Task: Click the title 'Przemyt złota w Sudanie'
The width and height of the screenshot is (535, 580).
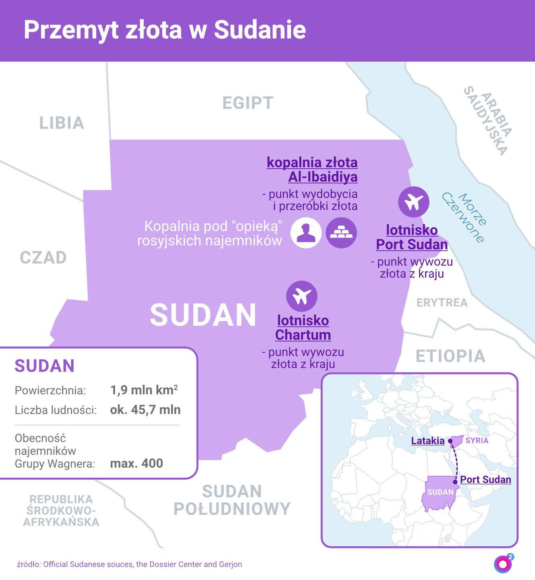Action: coord(165,30)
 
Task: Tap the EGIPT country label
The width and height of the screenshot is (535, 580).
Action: coord(248,103)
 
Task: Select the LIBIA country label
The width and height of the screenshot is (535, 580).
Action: coord(62,123)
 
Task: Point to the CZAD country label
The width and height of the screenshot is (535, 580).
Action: coord(43,258)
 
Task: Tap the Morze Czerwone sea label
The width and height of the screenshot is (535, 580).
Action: coord(464,217)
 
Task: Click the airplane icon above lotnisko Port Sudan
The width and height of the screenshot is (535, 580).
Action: coord(413,202)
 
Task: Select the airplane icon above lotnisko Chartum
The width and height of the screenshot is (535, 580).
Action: coord(302,296)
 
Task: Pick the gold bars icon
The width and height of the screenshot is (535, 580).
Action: coord(341,233)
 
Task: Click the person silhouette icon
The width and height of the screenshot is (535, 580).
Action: coord(306,233)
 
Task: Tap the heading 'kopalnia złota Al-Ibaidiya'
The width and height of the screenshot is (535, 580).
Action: coord(312,170)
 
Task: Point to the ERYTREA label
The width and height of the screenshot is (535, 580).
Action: coord(442,302)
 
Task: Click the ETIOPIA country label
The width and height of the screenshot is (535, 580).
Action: coord(450,356)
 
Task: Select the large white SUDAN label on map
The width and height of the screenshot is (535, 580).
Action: coord(203,315)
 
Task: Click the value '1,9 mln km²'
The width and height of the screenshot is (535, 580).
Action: coord(144,390)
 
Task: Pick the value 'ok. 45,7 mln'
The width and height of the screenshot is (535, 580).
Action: coord(145,410)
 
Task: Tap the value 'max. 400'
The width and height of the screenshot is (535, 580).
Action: coord(137,463)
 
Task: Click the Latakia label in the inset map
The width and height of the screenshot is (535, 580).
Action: coord(427,441)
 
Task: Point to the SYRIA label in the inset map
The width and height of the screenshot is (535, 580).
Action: coord(477,441)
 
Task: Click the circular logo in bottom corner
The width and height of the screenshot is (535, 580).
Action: coord(503,564)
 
